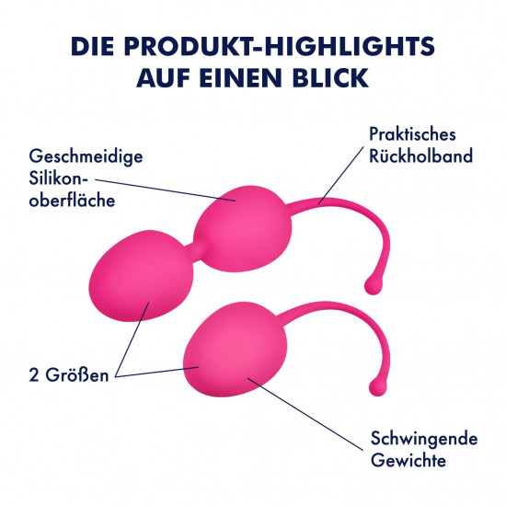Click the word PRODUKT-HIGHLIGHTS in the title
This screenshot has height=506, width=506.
coord(280,46)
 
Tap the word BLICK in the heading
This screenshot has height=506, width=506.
coord(331,78)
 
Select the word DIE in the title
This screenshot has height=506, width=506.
coord(92,46)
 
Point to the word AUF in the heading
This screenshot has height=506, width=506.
coord(163,78)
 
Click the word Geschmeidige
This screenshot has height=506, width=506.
coord(86,157)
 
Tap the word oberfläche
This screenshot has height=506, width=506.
coord(72,201)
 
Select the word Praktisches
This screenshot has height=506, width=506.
coord(412,134)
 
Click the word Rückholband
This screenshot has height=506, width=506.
coord(420,155)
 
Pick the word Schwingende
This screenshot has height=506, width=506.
coord(424,439)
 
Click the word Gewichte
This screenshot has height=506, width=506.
coord(408,459)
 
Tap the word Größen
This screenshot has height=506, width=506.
coord(77,375)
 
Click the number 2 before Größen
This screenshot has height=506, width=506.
coord(33,375)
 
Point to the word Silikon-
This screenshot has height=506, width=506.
coord(58,178)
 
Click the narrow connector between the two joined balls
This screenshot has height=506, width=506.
coord(194,253)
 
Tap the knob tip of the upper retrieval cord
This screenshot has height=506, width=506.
coord(374,285)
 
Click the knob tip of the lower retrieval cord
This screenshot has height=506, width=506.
coord(377,386)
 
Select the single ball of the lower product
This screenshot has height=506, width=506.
coord(235,350)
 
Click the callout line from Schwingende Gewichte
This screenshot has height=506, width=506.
coord(305,413)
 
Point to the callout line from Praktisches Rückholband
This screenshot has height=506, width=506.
coord(341,175)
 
